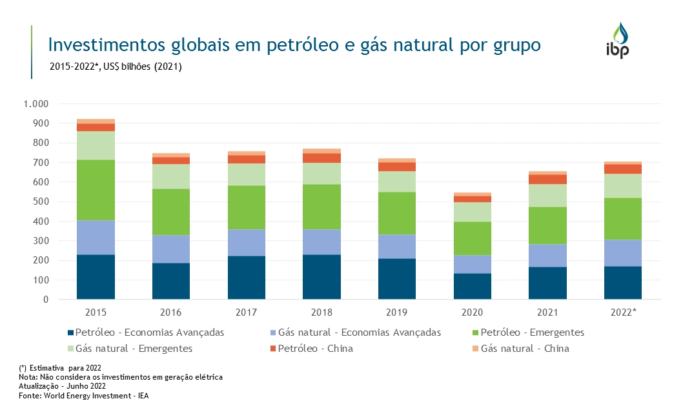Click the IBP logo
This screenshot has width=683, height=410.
[x=620, y=40]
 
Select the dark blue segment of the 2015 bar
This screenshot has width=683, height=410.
[x=96, y=277]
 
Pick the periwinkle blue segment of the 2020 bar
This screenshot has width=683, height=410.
[x=473, y=264]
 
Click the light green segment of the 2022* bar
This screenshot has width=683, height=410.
[x=623, y=186]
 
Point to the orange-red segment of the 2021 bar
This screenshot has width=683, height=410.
[x=547, y=179]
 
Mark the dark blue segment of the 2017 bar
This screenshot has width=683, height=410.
[x=247, y=278]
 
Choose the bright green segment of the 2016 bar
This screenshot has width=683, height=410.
[x=171, y=212]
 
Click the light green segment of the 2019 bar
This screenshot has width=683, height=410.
[x=397, y=181]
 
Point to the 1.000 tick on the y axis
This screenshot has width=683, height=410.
[x=36, y=104]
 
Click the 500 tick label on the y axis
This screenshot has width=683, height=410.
[x=41, y=202]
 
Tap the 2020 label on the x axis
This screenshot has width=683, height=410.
[x=473, y=312]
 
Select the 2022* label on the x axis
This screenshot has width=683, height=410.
[x=624, y=312]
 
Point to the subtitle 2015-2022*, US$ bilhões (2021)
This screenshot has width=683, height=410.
[x=116, y=66]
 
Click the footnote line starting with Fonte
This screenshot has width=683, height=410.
[x=88, y=396]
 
